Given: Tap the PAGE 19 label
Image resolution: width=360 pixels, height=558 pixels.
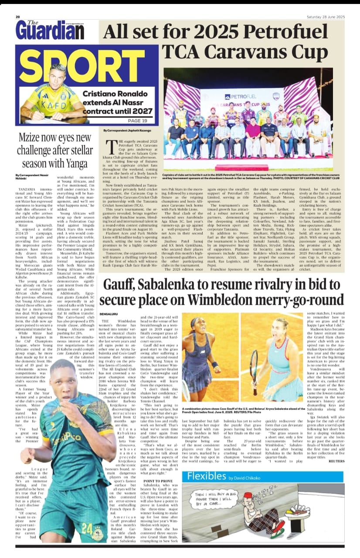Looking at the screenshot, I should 137,121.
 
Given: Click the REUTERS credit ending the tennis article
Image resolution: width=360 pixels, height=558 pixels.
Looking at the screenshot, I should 335,460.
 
